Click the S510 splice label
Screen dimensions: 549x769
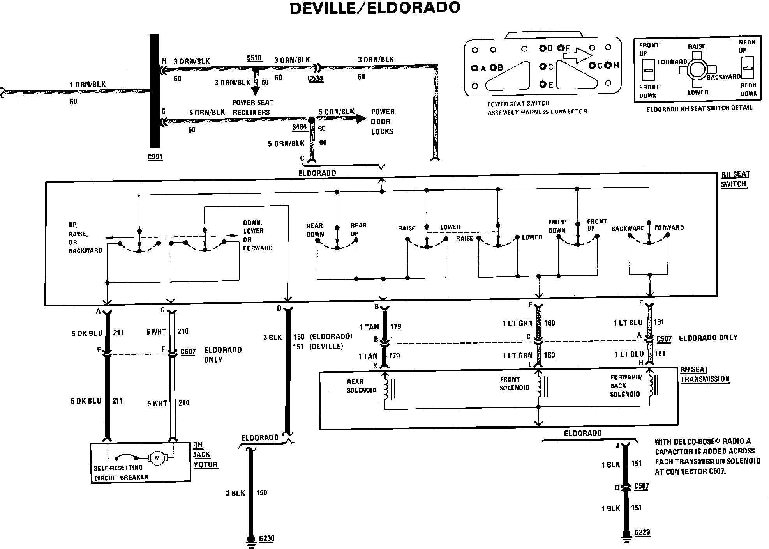point(254,58)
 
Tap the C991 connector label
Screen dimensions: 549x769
point(155,157)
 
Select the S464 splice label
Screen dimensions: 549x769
point(300,127)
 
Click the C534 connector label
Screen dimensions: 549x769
point(316,78)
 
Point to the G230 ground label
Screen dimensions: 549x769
point(266,538)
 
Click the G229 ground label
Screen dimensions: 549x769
point(642,532)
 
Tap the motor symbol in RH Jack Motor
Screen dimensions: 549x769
point(157,457)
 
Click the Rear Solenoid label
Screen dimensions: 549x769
point(362,386)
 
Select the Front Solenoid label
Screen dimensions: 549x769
point(514,384)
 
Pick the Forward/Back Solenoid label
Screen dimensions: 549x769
point(625,386)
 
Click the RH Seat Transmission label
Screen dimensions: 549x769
point(704,374)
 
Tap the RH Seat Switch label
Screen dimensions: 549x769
point(735,179)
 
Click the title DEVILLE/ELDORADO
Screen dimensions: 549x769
point(375,8)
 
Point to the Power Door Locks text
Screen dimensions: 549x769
point(382,122)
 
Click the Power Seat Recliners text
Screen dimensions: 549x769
point(252,108)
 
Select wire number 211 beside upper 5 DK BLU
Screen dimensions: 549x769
point(118,333)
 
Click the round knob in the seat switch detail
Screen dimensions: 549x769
point(697,70)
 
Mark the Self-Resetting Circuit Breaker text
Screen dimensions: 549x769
point(121,472)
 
